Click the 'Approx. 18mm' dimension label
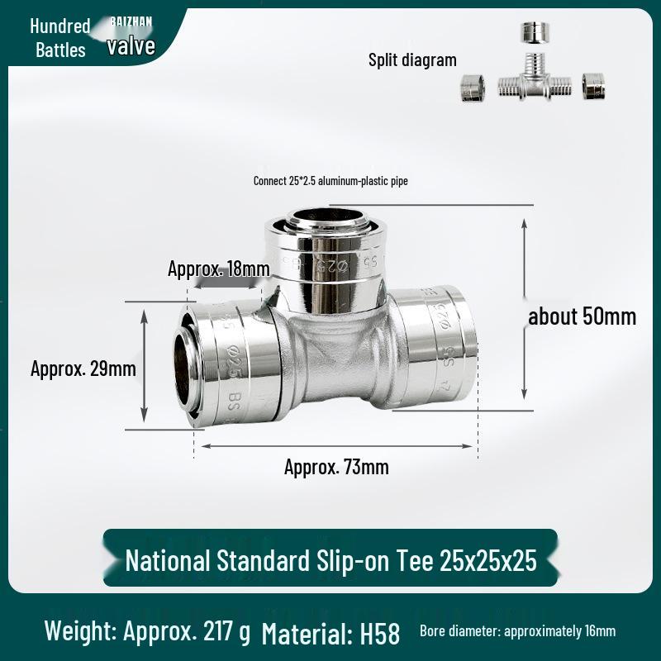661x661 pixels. pyautogui.click(x=219, y=269)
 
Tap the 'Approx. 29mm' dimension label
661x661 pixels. pyautogui.click(x=83, y=369)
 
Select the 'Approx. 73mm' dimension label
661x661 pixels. pyautogui.click(x=336, y=467)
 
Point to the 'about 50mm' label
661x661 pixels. pyautogui.click(x=583, y=316)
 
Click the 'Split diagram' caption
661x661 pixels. pyautogui.click(x=412, y=59)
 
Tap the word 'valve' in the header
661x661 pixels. pyautogui.click(x=131, y=45)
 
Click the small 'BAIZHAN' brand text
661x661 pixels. pyautogui.click(x=131, y=22)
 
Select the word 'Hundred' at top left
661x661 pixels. pyautogui.click(x=60, y=26)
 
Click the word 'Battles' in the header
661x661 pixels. pyautogui.click(x=60, y=50)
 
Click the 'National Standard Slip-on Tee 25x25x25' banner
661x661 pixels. pyautogui.click(x=330, y=561)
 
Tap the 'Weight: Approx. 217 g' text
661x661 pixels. pyautogui.click(x=147, y=632)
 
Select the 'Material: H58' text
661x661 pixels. pyautogui.click(x=330, y=634)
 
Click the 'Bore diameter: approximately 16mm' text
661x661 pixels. pyautogui.click(x=517, y=631)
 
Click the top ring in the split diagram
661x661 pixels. pyautogui.click(x=533, y=34)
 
